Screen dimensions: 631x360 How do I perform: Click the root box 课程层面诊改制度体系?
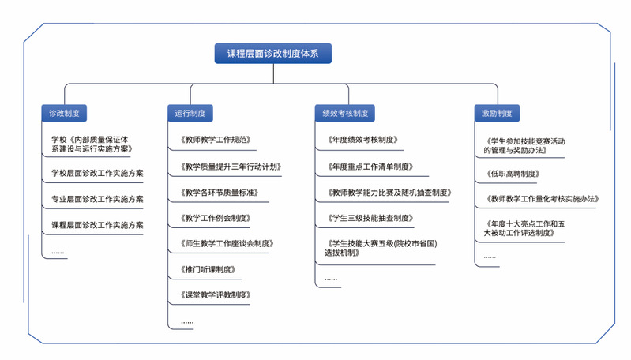(272, 54)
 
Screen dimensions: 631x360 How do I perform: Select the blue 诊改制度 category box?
(64, 113)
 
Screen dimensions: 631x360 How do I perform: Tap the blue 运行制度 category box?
(190, 113)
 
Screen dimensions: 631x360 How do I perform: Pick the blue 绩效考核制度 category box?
(345, 113)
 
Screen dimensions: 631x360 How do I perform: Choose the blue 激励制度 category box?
(497, 113)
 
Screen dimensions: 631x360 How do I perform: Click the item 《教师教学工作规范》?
(216, 140)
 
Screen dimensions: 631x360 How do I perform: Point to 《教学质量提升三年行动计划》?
(231, 167)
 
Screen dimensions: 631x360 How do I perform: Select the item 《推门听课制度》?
(208, 269)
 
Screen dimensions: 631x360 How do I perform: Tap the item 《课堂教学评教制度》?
(216, 294)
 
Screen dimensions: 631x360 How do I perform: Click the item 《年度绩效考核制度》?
(363, 140)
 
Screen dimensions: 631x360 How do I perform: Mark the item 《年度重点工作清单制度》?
(370, 167)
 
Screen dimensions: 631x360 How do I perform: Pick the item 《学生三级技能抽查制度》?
(370, 218)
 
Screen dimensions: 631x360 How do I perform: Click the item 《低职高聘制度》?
(513, 174)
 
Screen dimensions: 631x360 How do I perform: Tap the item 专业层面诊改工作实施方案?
(97, 199)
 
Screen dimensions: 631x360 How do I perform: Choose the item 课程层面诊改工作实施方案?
(97, 225)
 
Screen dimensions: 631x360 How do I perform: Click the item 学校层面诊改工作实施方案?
(97, 174)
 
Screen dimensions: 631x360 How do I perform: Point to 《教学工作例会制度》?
(216, 218)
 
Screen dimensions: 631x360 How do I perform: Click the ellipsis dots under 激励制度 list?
(490, 257)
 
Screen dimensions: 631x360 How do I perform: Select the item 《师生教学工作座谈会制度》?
(227, 243)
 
